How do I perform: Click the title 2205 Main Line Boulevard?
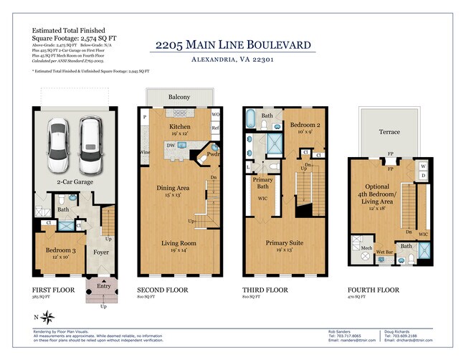pos(234,46)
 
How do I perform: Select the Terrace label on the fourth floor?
pos(389,133)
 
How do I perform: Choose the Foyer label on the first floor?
pos(100,252)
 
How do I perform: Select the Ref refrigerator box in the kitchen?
pos(215,128)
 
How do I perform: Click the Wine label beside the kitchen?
pos(145,152)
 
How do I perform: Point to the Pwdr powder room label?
pos(214,153)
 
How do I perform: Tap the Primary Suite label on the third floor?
pos(283,243)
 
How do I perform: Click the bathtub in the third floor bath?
pos(252,119)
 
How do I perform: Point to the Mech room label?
pos(366,250)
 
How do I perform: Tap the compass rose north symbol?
pos(49,316)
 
